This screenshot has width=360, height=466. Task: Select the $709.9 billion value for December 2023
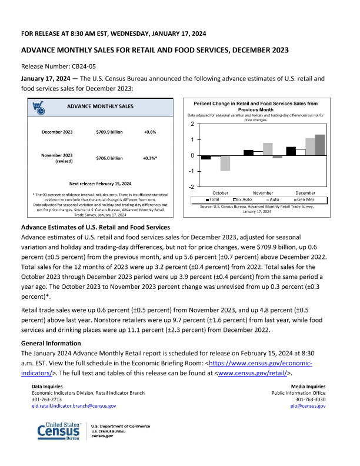click(109, 132)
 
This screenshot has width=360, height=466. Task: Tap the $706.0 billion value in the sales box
click(109, 158)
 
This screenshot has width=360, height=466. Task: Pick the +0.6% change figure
click(150, 132)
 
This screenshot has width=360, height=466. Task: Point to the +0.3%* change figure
click(150, 158)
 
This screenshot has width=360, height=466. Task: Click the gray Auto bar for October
click(225, 163)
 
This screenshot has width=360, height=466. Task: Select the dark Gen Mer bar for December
click(320, 145)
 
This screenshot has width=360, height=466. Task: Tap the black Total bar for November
click(248, 152)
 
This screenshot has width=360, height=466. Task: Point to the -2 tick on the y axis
click(192, 187)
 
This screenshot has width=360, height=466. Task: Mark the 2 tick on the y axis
click(192, 125)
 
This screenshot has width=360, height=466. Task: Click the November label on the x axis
click(263, 192)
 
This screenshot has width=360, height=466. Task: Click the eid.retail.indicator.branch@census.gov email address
click(74, 406)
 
